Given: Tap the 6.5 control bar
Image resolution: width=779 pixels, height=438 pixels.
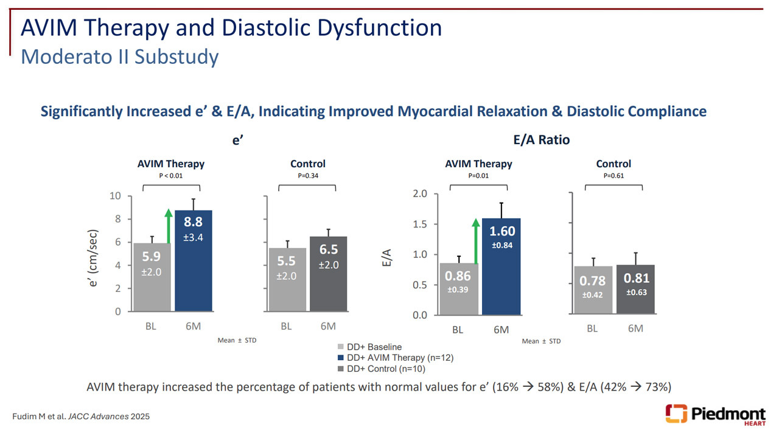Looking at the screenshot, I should coord(328,274).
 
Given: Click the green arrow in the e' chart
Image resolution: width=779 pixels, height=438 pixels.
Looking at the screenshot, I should coord(167,225).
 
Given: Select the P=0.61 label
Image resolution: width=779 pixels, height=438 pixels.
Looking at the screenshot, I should coord(613,176).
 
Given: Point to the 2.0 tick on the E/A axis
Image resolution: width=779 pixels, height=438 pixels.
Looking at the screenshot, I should coord(421,194).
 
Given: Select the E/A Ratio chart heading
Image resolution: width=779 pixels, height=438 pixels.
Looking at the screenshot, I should coord(541,140).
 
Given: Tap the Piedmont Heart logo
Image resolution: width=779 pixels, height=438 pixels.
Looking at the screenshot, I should coord(716,414).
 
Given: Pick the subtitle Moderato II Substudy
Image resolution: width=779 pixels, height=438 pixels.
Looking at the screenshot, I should coord(119,57).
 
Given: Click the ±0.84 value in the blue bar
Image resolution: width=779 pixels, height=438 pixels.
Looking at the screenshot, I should coord(501,245).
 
